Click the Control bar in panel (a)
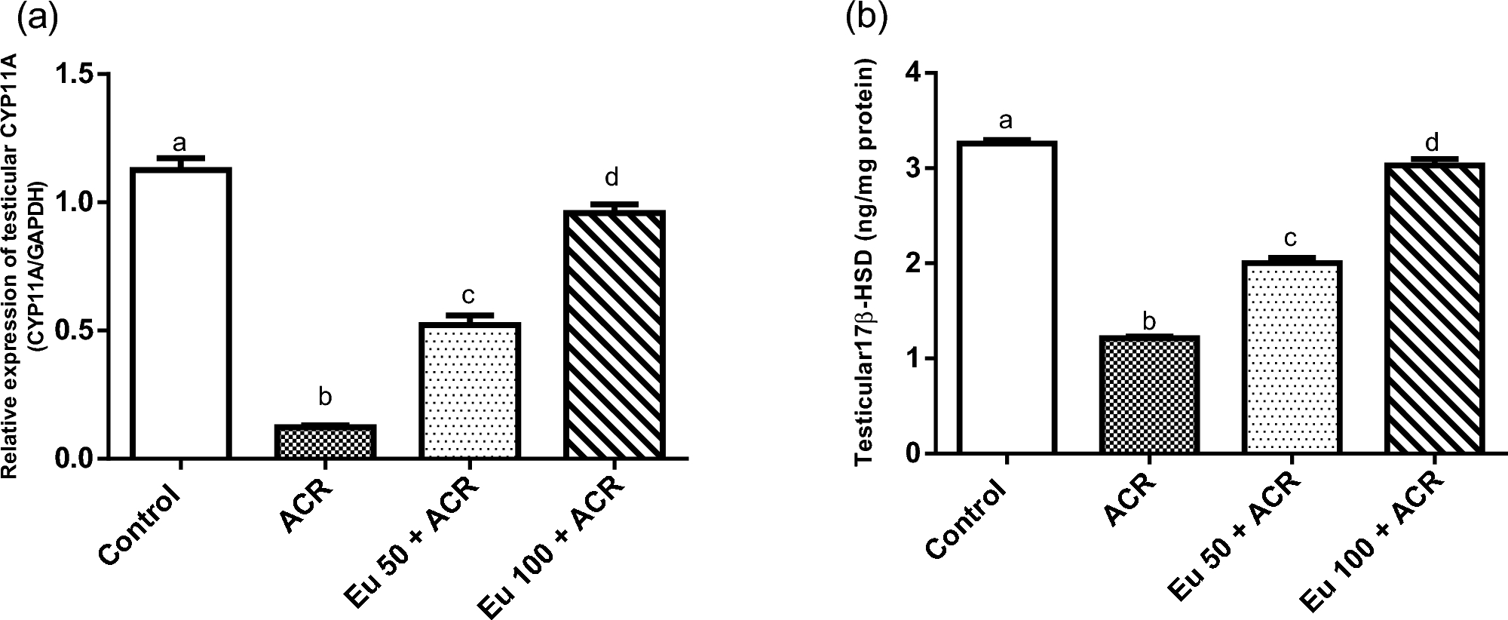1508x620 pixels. tap(180, 313)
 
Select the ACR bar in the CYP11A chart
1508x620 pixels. tap(325, 441)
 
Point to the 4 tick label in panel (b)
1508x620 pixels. tap(912, 73)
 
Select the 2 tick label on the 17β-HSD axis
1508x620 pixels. tap(912, 263)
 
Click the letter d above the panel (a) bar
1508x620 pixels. tap(612, 178)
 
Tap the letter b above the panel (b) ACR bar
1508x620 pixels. tap(1149, 322)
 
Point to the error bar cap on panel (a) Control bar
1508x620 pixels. tap(180, 158)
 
